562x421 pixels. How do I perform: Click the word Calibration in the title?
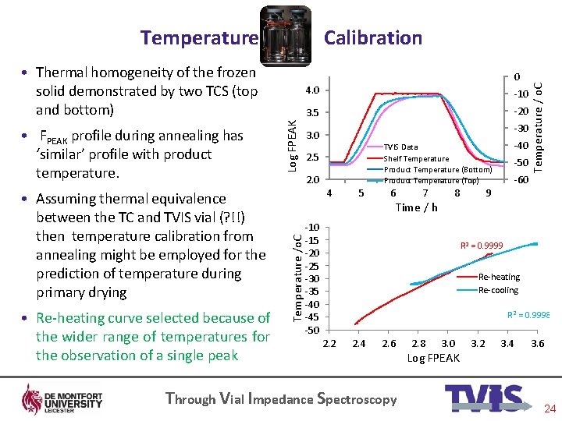tap(373, 37)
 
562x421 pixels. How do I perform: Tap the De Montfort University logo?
tap(62, 398)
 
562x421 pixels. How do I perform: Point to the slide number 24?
tap(549, 409)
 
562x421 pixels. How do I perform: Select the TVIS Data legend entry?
tap(401, 147)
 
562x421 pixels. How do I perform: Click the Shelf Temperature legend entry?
tap(416, 158)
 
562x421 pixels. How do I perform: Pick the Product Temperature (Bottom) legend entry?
tap(437, 169)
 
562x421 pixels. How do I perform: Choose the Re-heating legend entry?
tap(499, 277)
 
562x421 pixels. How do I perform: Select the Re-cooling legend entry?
tap(498, 290)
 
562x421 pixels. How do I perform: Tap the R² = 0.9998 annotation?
tap(528, 314)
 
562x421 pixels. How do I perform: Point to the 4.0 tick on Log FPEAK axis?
tap(311, 90)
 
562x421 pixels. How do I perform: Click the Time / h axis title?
tap(417, 207)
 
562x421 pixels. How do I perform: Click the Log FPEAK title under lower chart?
tap(433, 358)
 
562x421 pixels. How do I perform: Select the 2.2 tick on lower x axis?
tap(329, 344)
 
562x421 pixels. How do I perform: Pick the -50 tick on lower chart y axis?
tap(312, 330)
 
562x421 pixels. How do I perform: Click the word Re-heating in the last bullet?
tap(75, 318)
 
